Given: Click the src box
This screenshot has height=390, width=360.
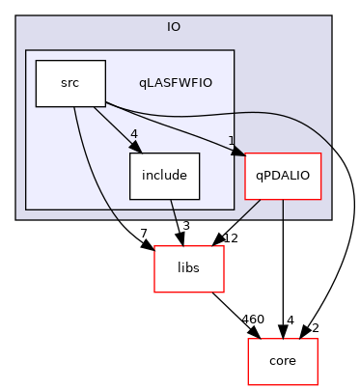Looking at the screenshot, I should [x=69, y=84].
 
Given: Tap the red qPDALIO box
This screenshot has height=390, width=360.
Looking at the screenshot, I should [x=282, y=177].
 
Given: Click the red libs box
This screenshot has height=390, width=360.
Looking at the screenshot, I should [x=189, y=269].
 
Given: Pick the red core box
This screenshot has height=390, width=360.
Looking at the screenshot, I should [x=282, y=361].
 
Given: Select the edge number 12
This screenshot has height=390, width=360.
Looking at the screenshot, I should [x=230, y=237].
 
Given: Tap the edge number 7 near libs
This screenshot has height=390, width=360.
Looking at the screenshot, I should [x=143, y=236].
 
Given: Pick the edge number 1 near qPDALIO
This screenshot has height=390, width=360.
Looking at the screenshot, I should [x=232, y=141].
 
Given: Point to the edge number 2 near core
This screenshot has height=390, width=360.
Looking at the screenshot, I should [x=315, y=328].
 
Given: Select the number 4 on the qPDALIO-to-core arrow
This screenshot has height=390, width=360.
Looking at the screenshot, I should [x=290, y=320].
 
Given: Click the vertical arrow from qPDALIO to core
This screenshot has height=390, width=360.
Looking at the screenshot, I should [x=282, y=270].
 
